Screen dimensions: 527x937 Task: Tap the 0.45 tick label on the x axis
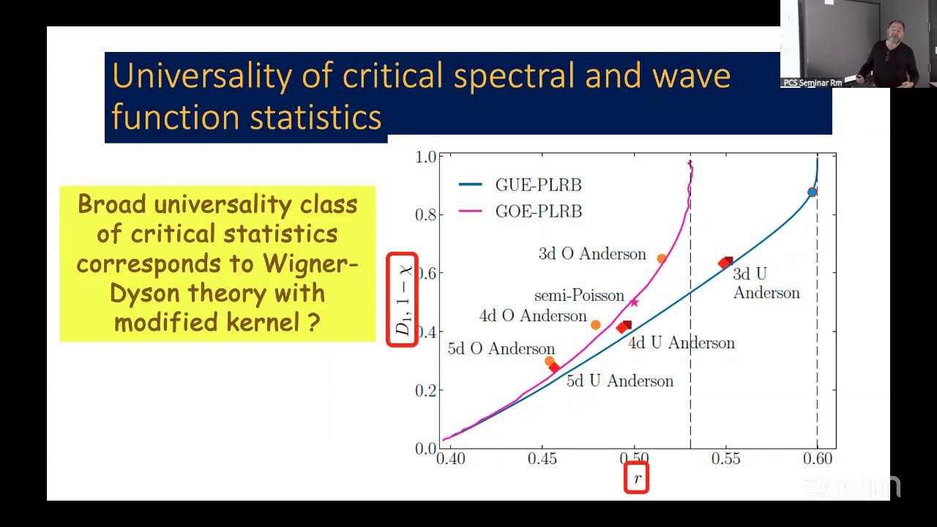[x=542, y=459]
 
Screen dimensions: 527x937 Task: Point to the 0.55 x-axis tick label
[x=725, y=459]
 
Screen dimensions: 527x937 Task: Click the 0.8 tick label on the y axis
[x=425, y=214]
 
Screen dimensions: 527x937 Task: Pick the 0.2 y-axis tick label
[x=425, y=390]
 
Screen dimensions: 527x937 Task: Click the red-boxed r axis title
[x=637, y=479]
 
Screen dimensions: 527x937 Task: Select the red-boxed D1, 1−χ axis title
[x=403, y=300]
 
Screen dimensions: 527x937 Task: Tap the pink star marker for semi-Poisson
[x=634, y=302]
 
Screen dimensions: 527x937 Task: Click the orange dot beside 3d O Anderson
[x=662, y=258]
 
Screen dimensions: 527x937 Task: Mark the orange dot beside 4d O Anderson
[x=596, y=325]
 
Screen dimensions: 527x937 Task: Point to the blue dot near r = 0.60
[x=812, y=193]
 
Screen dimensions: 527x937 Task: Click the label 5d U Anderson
[x=619, y=381]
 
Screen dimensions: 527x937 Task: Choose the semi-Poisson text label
[x=579, y=296]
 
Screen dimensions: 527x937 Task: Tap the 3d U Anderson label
[x=766, y=283]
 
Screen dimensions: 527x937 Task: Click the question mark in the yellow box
[x=313, y=322]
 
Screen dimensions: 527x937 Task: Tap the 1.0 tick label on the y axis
[x=425, y=157]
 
